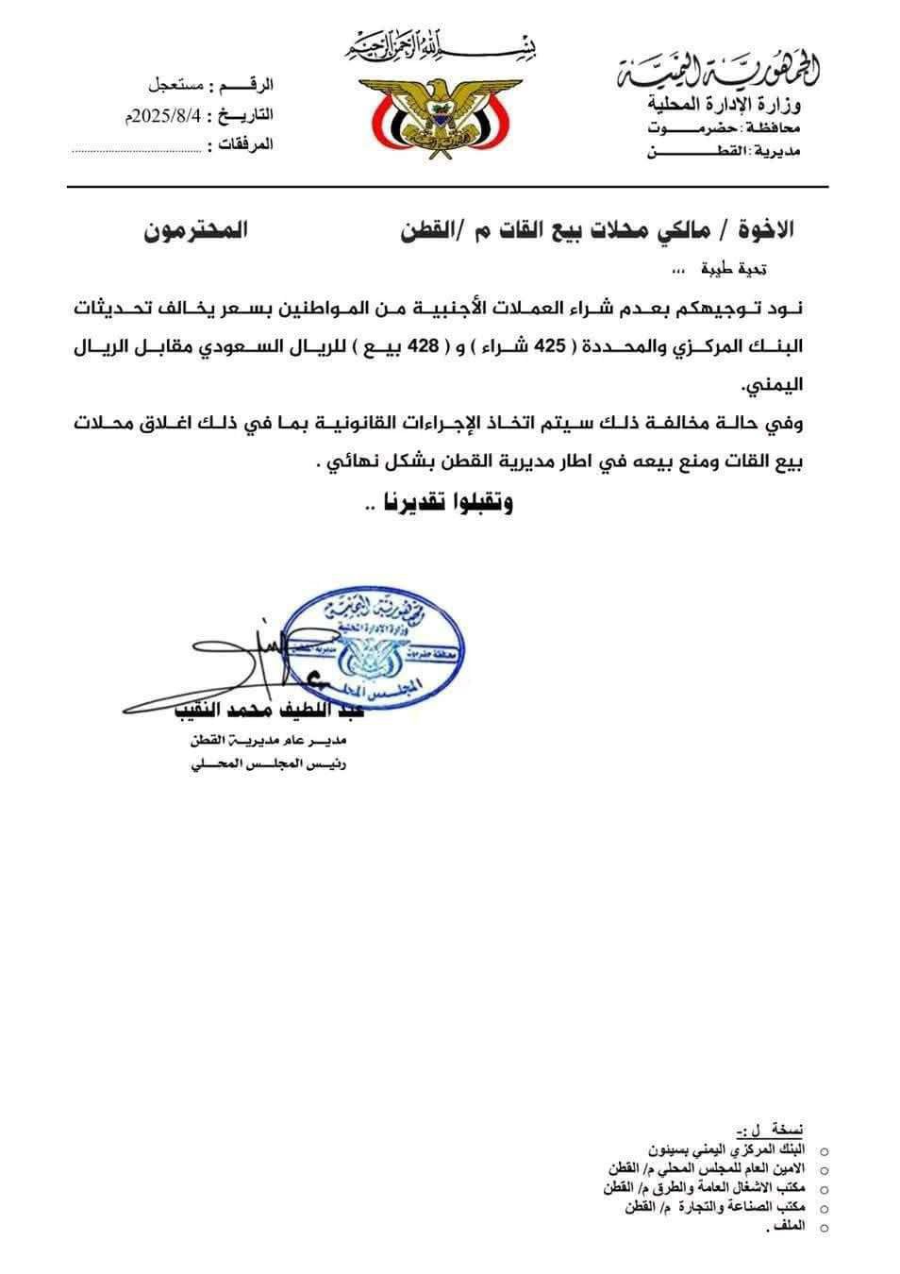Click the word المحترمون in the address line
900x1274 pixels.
point(195,230)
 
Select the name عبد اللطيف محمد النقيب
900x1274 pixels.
point(256,710)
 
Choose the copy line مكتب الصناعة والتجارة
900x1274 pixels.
point(715,1208)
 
